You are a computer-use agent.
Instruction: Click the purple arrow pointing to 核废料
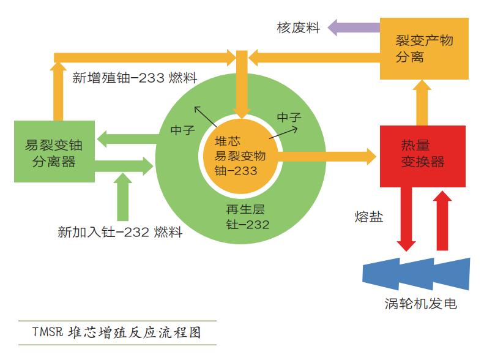coord(354,28)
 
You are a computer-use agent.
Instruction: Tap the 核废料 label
coord(299,28)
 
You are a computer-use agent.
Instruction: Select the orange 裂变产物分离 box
coord(424,48)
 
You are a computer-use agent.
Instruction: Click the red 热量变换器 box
coord(422,156)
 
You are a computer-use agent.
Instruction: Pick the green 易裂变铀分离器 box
coord(54,151)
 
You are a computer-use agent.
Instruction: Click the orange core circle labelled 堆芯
coord(240,156)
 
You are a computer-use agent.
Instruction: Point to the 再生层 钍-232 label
coord(247,217)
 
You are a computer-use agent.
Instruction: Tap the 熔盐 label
coord(368,217)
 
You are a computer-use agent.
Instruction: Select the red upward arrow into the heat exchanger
coord(442,220)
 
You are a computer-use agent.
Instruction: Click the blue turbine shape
coord(416,274)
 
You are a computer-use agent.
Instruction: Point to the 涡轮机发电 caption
coord(420,304)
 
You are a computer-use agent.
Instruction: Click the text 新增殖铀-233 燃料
coord(135,78)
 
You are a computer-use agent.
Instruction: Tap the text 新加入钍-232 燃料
coord(120,232)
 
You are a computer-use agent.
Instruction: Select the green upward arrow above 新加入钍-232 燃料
coord(122,197)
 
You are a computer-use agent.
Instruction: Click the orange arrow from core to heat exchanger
coord(327,156)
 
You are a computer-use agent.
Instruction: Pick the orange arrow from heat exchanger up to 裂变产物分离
coord(422,103)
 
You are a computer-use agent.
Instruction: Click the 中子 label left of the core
coord(182,130)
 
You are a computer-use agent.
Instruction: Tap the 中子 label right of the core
coord(289,118)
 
